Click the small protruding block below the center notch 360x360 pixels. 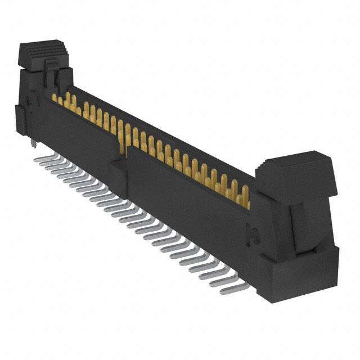117,164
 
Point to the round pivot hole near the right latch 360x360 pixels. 253,231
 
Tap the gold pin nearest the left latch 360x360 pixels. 55,98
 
